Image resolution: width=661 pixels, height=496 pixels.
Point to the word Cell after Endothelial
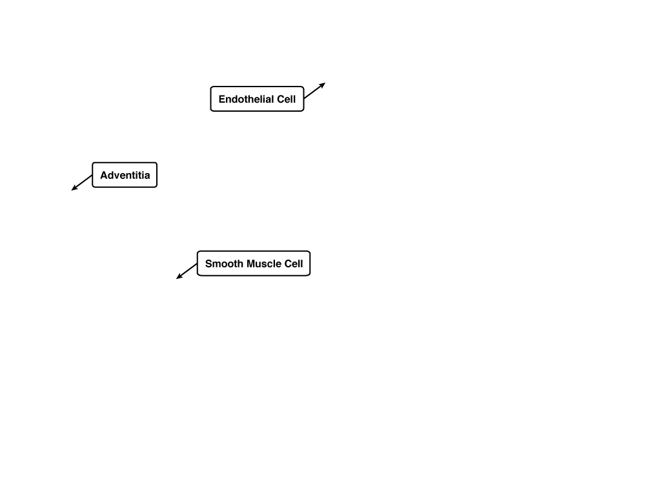click(286, 99)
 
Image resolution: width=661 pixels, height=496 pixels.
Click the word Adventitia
click(125, 175)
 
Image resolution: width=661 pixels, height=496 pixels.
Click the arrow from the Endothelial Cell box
click(314, 90)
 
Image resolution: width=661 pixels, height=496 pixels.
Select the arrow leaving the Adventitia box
click(82, 183)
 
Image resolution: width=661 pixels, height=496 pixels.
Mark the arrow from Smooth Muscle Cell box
click(187, 271)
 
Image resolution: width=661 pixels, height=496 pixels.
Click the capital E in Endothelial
click(222, 99)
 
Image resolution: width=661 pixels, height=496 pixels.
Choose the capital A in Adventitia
click(104, 175)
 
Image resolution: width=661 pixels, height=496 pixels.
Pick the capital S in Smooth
click(208, 263)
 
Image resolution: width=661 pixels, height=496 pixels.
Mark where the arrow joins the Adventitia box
click(92, 175)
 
